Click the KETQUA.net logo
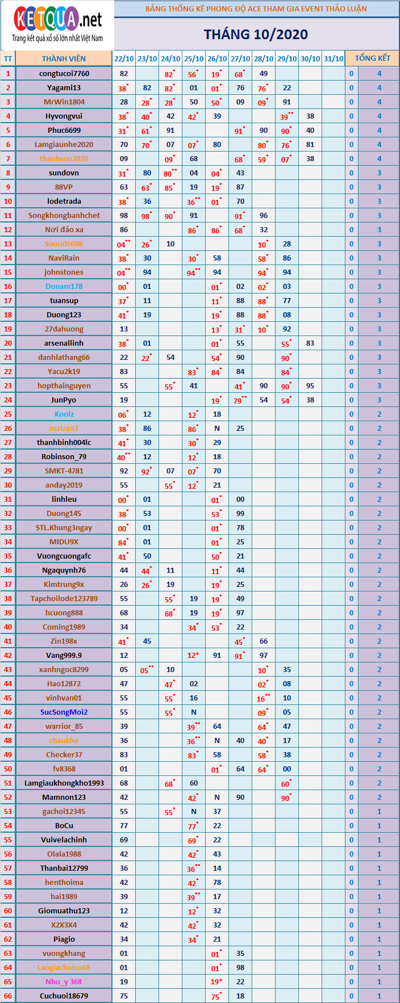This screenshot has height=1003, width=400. (x=57, y=26)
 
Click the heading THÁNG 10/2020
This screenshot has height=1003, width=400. (x=256, y=35)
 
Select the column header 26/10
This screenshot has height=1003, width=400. (x=217, y=58)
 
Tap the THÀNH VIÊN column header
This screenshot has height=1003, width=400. (x=64, y=58)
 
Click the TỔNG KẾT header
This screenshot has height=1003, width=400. (x=372, y=58)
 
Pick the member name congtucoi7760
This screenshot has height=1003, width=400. (x=64, y=73)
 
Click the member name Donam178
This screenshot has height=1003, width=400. (x=64, y=286)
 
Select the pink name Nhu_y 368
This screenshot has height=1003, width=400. (x=64, y=981)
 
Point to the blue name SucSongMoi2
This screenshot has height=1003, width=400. (x=64, y=712)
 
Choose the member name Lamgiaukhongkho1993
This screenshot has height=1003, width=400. (x=64, y=783)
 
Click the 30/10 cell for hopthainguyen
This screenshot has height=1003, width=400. (x=310, y=385)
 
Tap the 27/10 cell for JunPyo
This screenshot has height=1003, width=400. (x=240, y=400)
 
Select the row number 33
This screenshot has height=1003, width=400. (x=8, y=527)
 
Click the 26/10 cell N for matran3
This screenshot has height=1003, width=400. (x=217, y=428)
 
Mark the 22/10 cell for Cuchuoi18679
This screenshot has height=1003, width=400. (x=124, y=996)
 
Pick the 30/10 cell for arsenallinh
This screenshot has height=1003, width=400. (x=310, y=343)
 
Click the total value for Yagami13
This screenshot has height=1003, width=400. (x=379, y=87)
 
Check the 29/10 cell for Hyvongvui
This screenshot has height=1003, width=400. (x=287, y=116)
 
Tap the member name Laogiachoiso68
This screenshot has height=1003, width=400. (x=64, y=967)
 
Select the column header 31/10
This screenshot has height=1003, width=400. (x=334, y=58)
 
